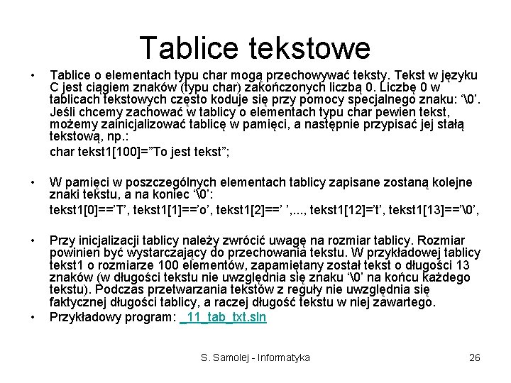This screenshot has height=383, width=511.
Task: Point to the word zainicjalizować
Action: (x=135, y=126)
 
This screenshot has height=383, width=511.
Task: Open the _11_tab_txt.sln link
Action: (x=224, y=317)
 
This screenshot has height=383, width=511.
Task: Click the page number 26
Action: (x=475, y=358)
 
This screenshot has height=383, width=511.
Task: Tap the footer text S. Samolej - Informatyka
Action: (x=255, y=358)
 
